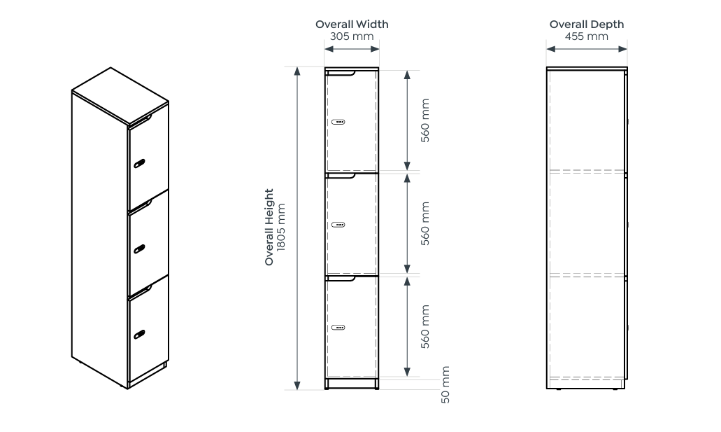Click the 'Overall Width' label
(x=352, y=25)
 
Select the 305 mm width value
(x=352, y=36)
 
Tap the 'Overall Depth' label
(x=586, y=25)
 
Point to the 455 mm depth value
(x=586, y=36)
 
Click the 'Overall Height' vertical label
(x=269, y=227)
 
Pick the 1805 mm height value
(x=281, y=227)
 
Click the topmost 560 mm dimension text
(x=425, y=120)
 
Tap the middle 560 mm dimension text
(x=425, y=223)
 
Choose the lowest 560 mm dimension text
(x=425, y=326)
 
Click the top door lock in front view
(x=338, y=122)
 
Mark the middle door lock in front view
(x=338, y=225)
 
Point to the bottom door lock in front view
(x=338, y=327)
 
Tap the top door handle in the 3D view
(x=140, y=164)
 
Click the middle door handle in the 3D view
(x=140, y=248)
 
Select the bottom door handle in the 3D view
(x=140, y=333)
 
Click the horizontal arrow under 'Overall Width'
(x=352, y=49)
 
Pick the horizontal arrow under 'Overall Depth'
(x=586, y=49)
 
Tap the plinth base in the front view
(x=352, y=384)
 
